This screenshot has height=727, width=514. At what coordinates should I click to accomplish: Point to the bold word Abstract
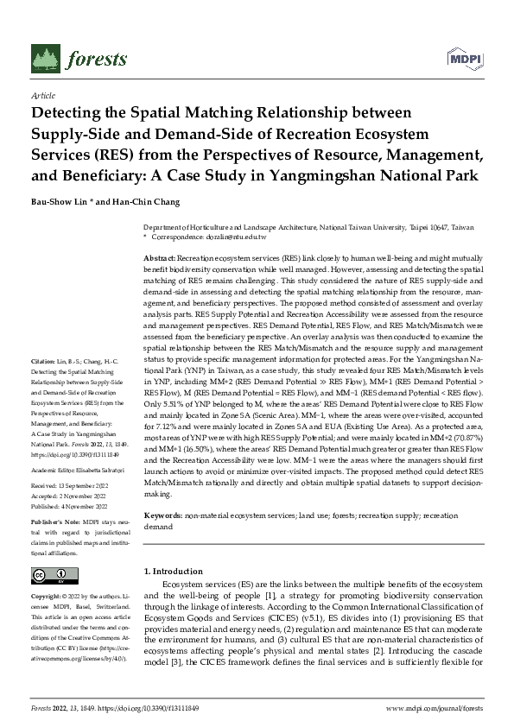tap(159, 259)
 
